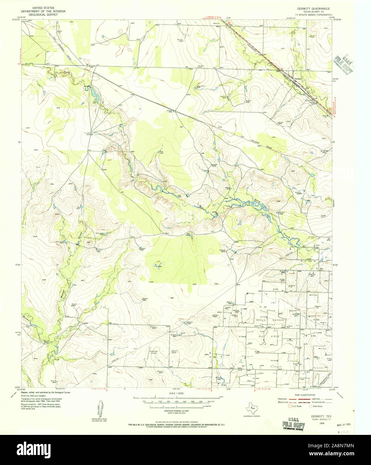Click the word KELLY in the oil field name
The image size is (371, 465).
261,320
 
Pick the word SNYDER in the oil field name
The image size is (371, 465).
279,320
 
